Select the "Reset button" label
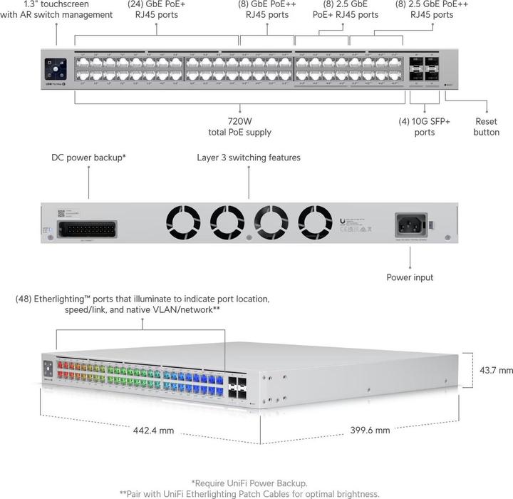coord(487,127)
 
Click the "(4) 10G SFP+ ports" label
coord(424,127)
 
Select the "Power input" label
coord(410,277)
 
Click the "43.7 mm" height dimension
coord(496,371)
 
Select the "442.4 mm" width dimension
coord(153,431)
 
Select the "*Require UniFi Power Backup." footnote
coord(249,483)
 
